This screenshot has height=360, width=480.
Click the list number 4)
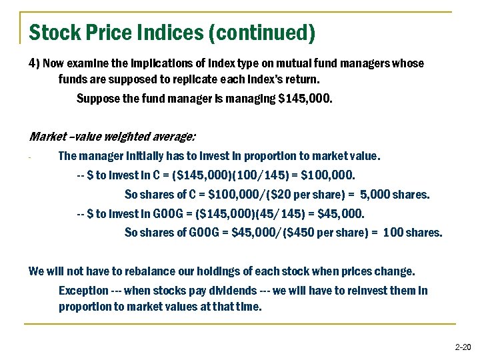(35, 63)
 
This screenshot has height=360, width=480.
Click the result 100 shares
(413, 233)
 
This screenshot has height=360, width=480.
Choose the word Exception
(82, 291)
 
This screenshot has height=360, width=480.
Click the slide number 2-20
(462, 347)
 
